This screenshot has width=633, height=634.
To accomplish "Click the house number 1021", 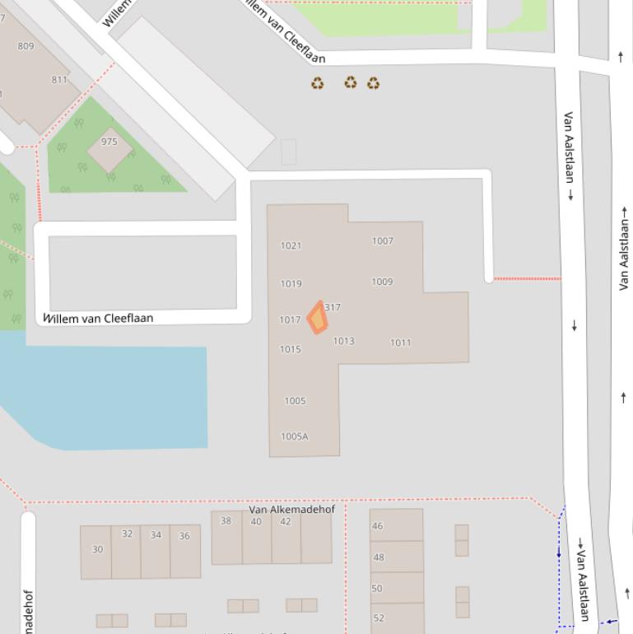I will [x=291, y=245].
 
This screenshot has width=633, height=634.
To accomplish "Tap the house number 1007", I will [x=382, y=241].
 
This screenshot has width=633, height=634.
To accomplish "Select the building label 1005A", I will [x=294, y=436].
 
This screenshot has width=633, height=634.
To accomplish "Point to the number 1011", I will [x=400, y=343].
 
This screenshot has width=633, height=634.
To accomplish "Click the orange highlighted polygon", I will [x=317, y=318].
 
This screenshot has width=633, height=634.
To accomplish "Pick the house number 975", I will [x=109, y=142].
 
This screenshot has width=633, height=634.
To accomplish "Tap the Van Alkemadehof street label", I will [x=291, y=509].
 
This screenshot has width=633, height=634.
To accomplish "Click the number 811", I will [x=59, y=80].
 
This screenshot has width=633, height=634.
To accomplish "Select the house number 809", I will [x=26, y=46].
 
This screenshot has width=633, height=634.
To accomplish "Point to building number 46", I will [x=377, y=526].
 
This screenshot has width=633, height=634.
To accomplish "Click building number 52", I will [x=378, y=618].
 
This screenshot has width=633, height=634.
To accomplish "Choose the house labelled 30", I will [x=97, y=549].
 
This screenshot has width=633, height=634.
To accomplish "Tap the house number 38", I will [x=226, y=520].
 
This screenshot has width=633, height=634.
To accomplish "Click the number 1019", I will [x=291, y=283].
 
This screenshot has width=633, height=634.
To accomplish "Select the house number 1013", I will [x=343, y=341].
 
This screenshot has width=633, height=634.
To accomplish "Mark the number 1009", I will [x=382, y=282].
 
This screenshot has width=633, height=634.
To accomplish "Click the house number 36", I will [x=184, y=536].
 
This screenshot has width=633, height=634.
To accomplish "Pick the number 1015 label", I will [x=290, y=349].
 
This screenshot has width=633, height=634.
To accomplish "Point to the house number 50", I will [x=377, y=588].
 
